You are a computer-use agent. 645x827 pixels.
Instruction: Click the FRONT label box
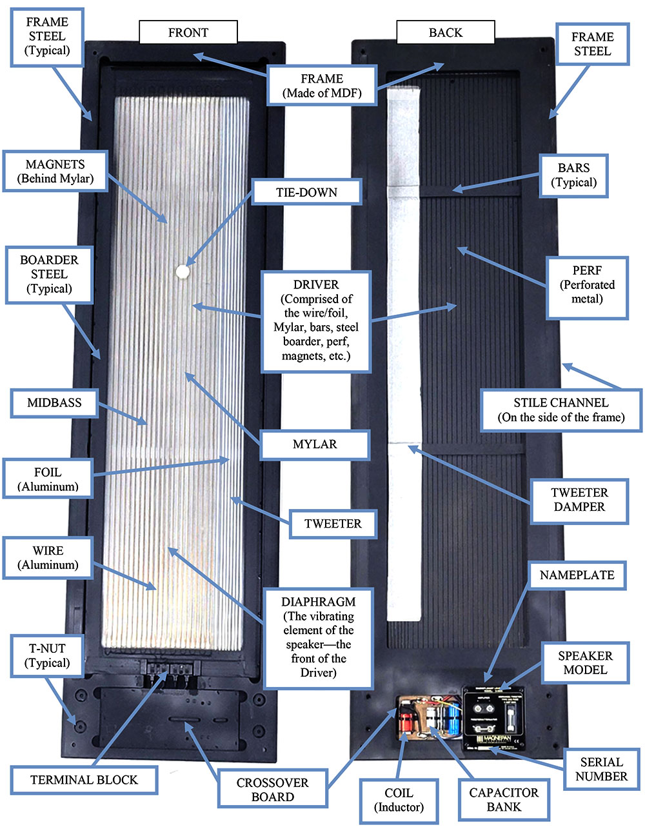click(188, 32)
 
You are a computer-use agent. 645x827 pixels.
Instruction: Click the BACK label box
click(445, 32)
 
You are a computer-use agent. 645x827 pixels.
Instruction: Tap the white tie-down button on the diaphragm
click(183, 272)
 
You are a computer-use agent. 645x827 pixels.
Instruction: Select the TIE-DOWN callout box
click(306, 192)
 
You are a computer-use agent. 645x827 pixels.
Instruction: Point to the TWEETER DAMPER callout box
click(579, 500)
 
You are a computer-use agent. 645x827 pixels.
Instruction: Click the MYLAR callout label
click(315, 444)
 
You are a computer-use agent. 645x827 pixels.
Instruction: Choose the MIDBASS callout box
click(54, 403)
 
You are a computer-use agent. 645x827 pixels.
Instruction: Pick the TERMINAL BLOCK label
click(84, 780)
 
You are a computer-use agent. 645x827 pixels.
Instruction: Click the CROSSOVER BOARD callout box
click(272, 790)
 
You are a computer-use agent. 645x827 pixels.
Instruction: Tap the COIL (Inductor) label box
click(399, 800)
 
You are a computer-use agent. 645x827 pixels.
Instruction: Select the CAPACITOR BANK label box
click(504, 800)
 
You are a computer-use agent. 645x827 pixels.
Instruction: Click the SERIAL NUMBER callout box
click(601, 769)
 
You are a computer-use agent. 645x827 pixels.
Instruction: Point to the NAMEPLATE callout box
click(577, 575)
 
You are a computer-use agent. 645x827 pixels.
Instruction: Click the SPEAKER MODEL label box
click(585, 663)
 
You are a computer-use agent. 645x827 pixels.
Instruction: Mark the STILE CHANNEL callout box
click(561, 410)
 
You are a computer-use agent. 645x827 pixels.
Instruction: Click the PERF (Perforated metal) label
click(587, 285)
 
